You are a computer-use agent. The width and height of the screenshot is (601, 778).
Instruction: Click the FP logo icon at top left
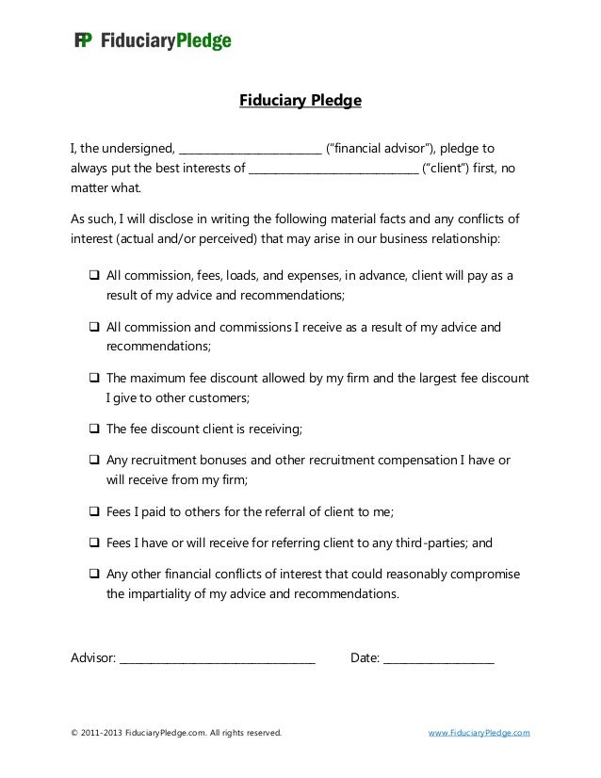point(83,41)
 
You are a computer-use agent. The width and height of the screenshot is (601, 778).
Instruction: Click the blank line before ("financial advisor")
point(250,150)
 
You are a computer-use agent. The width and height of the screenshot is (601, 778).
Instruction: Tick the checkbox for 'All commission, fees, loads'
point(94,277)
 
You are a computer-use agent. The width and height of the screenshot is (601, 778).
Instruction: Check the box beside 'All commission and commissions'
point(94,327)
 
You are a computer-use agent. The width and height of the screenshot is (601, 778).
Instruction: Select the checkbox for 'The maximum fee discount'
point(94,378)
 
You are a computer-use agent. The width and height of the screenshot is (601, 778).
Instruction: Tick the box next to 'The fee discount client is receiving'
point(94,429)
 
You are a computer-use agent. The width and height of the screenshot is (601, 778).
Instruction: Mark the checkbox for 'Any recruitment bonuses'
point(94,460)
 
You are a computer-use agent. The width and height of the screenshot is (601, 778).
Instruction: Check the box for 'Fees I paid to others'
point(94,512)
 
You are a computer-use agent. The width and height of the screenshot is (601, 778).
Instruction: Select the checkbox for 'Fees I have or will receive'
point(94,543)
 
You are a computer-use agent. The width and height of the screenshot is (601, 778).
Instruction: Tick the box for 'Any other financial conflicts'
point(94,574)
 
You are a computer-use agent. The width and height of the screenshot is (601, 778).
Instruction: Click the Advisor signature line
point(217,656)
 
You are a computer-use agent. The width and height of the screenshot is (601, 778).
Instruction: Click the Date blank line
point(438,656)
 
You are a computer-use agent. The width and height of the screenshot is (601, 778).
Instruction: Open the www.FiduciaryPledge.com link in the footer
point(479,732)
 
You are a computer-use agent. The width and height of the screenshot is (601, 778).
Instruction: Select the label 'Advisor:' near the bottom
point(93,656)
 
